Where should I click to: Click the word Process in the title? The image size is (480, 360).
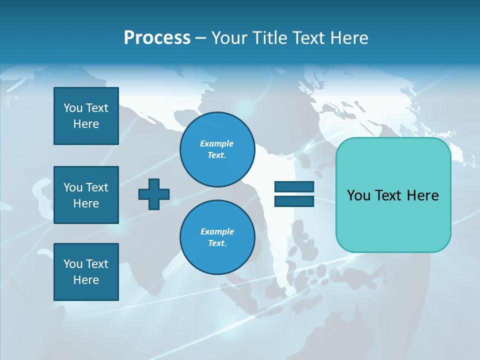(x=157, y=38)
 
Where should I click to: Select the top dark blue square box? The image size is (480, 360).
(x=86, y=116)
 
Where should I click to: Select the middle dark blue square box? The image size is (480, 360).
(x=86, y=195)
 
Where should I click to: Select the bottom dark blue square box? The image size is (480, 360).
(x=86, y=272)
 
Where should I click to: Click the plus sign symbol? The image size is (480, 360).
(x=154, y=194)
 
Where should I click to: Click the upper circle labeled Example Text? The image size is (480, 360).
(x=217, y=149)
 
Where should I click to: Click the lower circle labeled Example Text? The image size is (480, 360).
(x=217, y=237)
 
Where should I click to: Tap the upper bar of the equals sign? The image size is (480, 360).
(x=294, y=187)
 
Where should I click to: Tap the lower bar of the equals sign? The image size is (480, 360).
(x=294, y=201)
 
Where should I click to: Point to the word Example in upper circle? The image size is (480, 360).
(x=216, y=143)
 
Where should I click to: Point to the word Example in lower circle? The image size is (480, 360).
(x=217, y=231)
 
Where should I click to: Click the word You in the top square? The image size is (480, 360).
(x=72, y=108)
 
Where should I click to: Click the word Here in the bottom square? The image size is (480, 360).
(x=86, y=280)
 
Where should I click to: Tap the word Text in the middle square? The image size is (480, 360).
(x=97, y=187)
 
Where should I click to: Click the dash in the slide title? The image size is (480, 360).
(x=200, y=38)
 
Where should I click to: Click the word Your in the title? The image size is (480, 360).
(x=227, y=38)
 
